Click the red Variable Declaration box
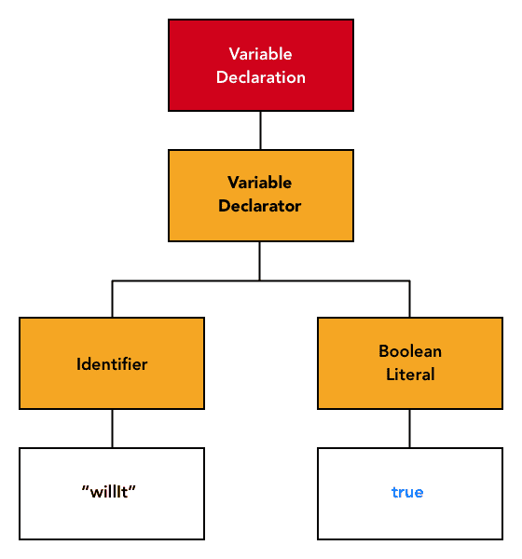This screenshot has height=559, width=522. [261, 65]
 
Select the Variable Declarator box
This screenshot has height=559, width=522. [261, 196]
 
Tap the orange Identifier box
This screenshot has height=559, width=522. [112, 363]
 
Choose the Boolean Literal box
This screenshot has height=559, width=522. [410, 363]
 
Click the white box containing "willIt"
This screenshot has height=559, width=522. [112, 494]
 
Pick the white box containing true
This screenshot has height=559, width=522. [410, 494]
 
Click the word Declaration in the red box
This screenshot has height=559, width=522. [261, 77]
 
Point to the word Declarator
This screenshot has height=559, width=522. [260, 206]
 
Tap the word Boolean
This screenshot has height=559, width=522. [410, 351]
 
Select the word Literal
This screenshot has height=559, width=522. [410, 375]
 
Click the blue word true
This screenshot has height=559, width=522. [407, 492]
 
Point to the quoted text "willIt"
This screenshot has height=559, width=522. [108, 492]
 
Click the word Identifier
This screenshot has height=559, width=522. [112, 364]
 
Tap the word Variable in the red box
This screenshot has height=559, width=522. [260, 54]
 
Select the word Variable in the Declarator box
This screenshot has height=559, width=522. [260, 183]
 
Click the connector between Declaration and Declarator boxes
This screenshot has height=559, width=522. [260, 130]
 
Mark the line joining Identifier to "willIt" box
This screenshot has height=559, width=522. [113, 429]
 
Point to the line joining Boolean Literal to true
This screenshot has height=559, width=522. [409, 429]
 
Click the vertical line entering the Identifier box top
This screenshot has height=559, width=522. [113, 299]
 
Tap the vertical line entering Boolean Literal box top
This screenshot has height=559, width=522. [409, 299]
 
